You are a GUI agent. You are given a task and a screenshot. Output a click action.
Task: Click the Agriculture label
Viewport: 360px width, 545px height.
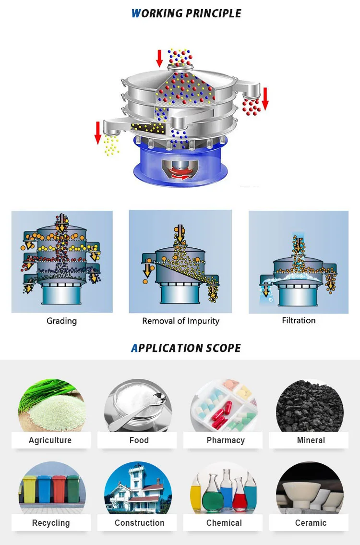(x=50, y=440)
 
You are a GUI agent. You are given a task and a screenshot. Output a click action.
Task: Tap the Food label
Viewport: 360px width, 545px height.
(x=139, y=440)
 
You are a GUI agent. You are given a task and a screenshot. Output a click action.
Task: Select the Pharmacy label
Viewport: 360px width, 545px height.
(x=225, y=440)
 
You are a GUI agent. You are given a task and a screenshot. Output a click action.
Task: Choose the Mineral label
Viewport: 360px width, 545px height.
(x=311, y=440)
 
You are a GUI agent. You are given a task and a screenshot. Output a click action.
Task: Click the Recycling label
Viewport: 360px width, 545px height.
(x=50, y=523)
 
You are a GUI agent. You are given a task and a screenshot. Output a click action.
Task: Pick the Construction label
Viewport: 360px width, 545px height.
(x=139, y=523)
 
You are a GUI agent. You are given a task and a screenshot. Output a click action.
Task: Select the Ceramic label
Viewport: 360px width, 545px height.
(x=311, y=523)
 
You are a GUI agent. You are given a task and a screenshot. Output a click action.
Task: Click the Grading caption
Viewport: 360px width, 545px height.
(x=61, y=321)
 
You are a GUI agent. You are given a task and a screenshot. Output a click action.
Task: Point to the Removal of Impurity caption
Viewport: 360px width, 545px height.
(x=180, y=321)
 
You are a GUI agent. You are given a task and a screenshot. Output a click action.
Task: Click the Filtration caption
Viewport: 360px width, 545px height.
(x=299, y=320)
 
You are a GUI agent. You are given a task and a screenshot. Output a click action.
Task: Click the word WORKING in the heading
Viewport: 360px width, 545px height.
(x=156, y=13)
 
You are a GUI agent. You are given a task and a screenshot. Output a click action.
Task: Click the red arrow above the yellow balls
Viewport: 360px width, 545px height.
(x=98, y=133)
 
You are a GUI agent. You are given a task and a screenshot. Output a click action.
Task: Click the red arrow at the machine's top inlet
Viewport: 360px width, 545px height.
(x=159, y=58)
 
